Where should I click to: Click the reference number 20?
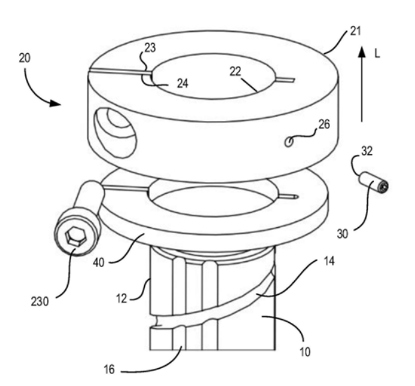pos(25,58)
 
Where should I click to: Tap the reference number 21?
pos(355,31)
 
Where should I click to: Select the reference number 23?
pos(150,48)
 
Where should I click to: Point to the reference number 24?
pos(183,84)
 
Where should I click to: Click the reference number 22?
pos(236,72)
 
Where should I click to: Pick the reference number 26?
pos(324,124)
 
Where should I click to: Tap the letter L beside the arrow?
pos(377,54)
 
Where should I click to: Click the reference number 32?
pos(367,151)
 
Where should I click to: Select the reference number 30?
pos(343,234)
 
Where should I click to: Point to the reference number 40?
pos(99,262)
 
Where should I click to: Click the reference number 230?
pos(40,302)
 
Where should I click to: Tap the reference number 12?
pos(122,298)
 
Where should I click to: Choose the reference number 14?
pos(329,261)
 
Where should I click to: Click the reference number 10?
pos(305,352)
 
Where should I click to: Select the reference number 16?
pos(109,369)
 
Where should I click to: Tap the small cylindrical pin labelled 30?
pos(374,183)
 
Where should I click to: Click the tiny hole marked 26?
pos(289,142)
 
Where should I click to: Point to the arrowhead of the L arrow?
pos(362,52)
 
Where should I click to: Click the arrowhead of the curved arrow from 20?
pos(55,104)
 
